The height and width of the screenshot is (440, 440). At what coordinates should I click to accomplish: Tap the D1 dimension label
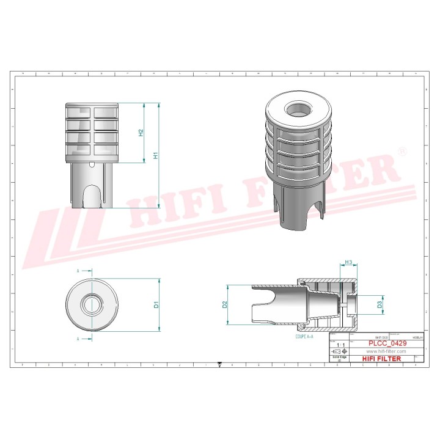156,304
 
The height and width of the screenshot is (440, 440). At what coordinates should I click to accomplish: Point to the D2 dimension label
225,304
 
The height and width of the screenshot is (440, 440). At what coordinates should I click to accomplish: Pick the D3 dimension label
380,303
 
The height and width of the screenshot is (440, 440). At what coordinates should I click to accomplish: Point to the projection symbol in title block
339,353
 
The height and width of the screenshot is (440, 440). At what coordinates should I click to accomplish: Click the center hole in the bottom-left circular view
92,304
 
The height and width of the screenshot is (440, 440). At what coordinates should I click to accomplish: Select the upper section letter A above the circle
78,270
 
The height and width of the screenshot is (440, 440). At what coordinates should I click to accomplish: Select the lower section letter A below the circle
78,337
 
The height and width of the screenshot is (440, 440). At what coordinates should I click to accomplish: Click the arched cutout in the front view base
92,196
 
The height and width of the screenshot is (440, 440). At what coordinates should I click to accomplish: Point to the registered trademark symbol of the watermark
402,150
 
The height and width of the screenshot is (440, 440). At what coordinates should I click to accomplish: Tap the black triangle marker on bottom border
219,365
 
